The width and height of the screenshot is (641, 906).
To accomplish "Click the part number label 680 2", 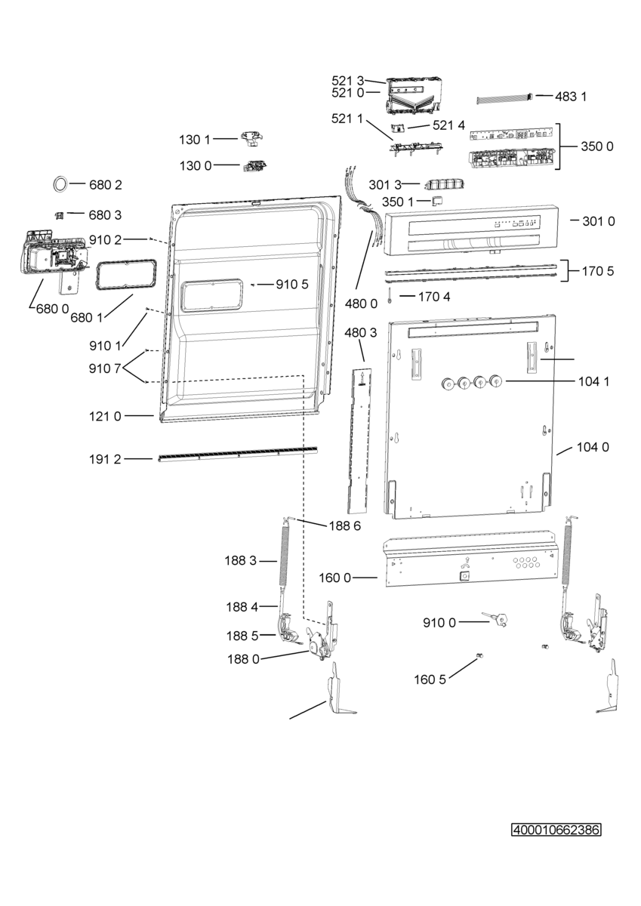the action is pos(105,185).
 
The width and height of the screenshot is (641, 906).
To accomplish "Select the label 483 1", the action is pos(570,97).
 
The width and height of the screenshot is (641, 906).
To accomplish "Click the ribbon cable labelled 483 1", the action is pos(504,98).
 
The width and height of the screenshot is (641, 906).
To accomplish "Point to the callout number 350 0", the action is pos(597,146).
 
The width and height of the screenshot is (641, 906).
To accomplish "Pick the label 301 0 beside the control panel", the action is pos(599,221).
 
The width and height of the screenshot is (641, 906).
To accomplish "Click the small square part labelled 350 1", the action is pos(437,200).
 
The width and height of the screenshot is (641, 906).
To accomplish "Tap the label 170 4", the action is pos(434,297).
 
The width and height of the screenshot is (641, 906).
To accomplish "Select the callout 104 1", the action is pos(593,381).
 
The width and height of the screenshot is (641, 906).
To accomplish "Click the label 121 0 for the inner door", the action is pos(105,416).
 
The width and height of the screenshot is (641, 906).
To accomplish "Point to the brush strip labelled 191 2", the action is pos(238,453).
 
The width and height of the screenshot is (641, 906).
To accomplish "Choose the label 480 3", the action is pos(360,333).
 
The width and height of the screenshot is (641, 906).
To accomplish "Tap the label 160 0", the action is pos(335,578).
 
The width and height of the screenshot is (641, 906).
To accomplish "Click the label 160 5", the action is pos(430,679).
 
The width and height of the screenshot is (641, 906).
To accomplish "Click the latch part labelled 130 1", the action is pos(252,137).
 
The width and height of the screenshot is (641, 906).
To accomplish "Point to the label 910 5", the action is pos(292,285).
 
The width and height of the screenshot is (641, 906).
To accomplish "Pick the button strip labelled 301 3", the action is pos(444,184).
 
